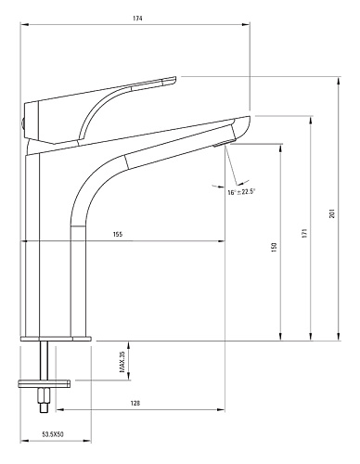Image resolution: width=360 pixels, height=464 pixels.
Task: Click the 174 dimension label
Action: [137, 19]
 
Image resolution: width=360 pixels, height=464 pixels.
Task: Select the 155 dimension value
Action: [118, 234]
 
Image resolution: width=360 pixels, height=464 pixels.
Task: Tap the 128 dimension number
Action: [135, 403]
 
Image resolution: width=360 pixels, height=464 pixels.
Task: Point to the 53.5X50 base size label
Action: [53, 434]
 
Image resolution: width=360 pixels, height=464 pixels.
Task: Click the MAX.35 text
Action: [122, 362]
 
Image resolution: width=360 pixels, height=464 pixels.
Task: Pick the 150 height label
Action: [274, 248]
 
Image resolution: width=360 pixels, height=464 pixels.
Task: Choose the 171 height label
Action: [304, 233]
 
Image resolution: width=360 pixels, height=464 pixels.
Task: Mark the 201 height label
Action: [332, 213]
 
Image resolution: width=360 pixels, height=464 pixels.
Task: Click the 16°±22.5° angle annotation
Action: [241, 192]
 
